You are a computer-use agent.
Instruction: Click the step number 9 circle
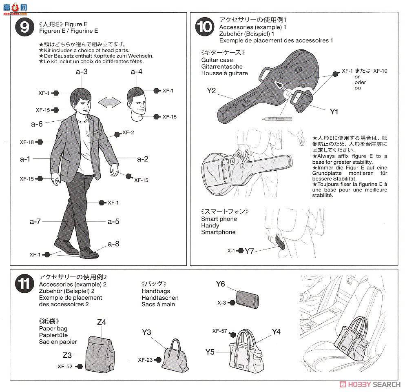(24, 27)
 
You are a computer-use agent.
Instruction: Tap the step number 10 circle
(205, 27)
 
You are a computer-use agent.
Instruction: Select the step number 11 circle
(24, 283)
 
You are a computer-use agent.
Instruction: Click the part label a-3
(82, 71)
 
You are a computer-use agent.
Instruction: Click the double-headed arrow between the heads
(109, 102)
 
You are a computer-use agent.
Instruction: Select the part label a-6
(37, 124)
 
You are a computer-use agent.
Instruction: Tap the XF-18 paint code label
(27, 142)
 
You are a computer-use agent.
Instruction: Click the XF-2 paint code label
(128, 132)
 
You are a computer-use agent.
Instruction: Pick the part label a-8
(113, 244)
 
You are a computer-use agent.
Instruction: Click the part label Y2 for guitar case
(211, 91)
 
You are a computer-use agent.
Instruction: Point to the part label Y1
(334, 112)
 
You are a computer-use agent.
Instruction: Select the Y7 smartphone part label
(249, 251)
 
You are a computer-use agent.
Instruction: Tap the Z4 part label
(102, 322)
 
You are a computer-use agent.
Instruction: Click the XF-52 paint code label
(65, 366)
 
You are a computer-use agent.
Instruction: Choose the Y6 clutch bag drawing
(248, 299)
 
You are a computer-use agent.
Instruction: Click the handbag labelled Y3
(175, 356)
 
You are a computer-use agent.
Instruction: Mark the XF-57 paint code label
(219, 331)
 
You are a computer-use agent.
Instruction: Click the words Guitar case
(217, 60)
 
